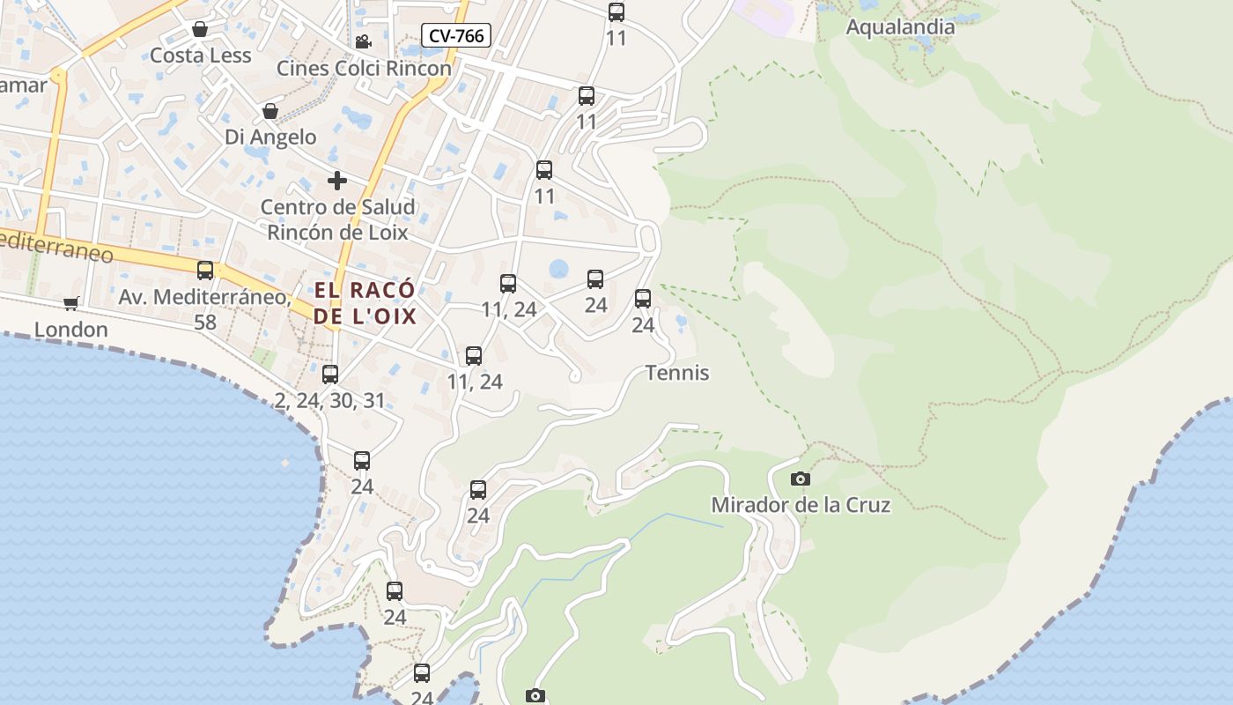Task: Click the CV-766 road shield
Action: click(455, 35)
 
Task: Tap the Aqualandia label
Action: click(900, 27)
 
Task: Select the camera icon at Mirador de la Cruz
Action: click(800, 479)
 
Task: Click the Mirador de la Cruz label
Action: click(800, 505)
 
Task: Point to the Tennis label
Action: click(677, 373)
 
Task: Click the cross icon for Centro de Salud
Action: click(336, 181)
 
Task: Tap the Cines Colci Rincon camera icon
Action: click(363, 41)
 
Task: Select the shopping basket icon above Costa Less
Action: click(200, 30)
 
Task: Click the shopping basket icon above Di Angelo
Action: click(270, 111)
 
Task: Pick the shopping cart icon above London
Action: click(71, 304)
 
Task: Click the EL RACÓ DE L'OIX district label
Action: click(365, 303)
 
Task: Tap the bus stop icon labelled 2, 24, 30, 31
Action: click(330, 375)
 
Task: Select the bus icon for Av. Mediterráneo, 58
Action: click(205, 271)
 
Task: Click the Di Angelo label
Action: click(270, 137)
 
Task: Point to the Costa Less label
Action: click(201, 56)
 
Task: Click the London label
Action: click(71, 330)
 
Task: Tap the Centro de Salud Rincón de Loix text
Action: click(337, 219)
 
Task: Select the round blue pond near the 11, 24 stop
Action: click(558, 268)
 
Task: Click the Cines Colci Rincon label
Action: click(364, 68)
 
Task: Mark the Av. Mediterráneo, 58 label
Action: click(204, 309)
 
